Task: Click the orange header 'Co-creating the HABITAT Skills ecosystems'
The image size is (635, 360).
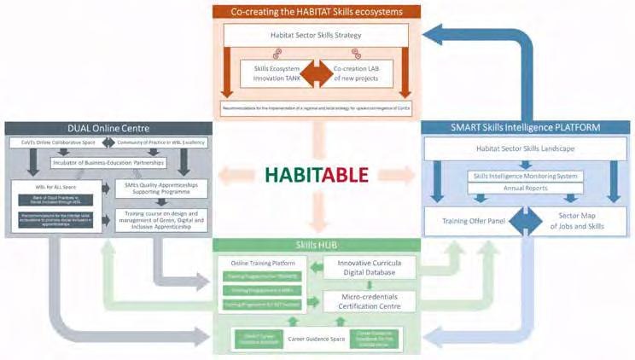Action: (317, 12)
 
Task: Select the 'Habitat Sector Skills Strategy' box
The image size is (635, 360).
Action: (317, 35)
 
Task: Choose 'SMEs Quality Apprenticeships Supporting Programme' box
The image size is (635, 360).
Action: (161, 188)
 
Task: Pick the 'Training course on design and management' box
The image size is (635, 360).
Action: (161, 220)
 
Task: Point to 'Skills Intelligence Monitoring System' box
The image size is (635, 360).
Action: (525, 176)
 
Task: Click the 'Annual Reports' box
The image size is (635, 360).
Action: (525, 189)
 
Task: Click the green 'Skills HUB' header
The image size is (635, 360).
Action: (316, 246)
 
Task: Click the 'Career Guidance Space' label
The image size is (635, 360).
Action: (317, 338)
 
